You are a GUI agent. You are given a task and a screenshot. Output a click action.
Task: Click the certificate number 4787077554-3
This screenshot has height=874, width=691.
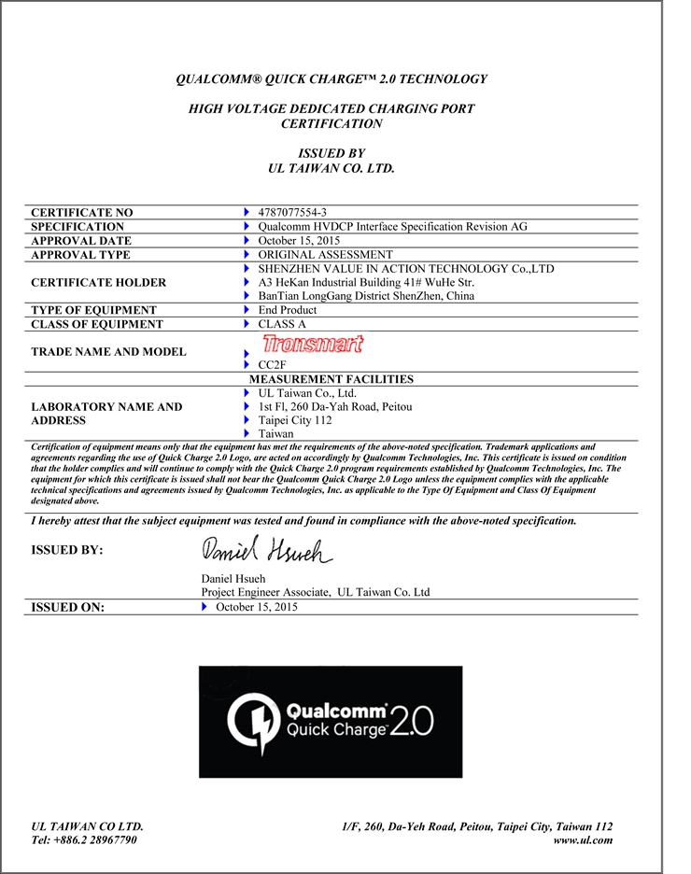[291, 213]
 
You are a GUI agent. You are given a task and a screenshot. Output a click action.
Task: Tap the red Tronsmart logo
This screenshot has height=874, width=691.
[313, 344]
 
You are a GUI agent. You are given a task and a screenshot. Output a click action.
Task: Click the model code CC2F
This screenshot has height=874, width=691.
[271, 364]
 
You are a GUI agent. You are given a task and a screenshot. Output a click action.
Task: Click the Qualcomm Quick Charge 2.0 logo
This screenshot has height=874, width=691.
[331, 721]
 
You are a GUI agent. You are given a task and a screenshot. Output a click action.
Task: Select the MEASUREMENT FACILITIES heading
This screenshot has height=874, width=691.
[331, 379]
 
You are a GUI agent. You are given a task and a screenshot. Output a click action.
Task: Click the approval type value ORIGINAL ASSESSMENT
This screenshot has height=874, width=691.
[325, 254]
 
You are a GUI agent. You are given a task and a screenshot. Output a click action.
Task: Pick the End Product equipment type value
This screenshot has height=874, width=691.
[287, 310]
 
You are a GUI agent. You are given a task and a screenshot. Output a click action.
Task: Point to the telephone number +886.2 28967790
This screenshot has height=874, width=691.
[84, 839]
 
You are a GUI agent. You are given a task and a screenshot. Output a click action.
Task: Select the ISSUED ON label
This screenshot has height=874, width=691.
[68, 608]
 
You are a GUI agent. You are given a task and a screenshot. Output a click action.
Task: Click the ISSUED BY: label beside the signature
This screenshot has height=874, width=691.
[67, 550]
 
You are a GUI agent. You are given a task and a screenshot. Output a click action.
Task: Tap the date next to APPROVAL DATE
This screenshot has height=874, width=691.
[297, 240]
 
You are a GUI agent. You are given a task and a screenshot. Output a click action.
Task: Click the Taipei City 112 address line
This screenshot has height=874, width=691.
[296, 420]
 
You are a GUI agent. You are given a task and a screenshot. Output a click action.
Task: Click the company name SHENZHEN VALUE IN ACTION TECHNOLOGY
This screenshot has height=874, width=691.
[405, 268]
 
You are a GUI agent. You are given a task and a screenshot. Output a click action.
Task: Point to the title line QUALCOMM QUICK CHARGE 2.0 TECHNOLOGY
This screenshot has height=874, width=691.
[331, 79]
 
